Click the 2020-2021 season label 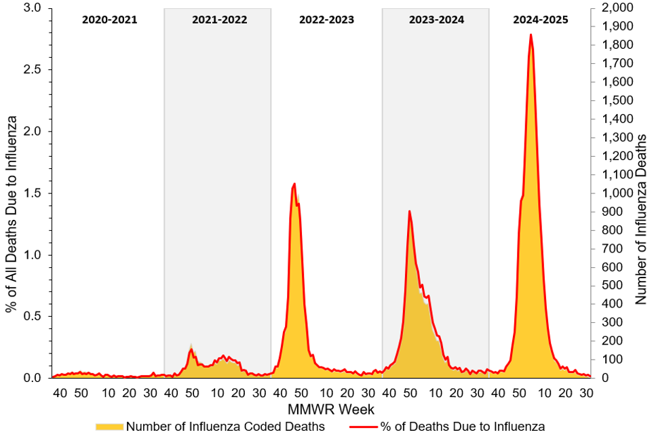(x=109, y=20)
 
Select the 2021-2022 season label (x=219, y=20)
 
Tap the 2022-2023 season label (x=326, y=20)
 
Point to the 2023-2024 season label (x=436, y=20)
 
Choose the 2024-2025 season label (x=541, y=20)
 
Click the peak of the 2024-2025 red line (x=531, y=35)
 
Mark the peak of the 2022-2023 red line (x=294, y=184)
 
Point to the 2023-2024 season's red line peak (x=409, y=211)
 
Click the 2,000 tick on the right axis (x=613, y=8)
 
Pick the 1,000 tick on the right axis (x=613, y=193)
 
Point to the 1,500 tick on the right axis (x=613, y=100)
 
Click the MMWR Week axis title (x=321, y=409)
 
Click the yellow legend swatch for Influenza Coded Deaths (x=109, y=427)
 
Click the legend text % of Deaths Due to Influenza (x=462, y=427)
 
